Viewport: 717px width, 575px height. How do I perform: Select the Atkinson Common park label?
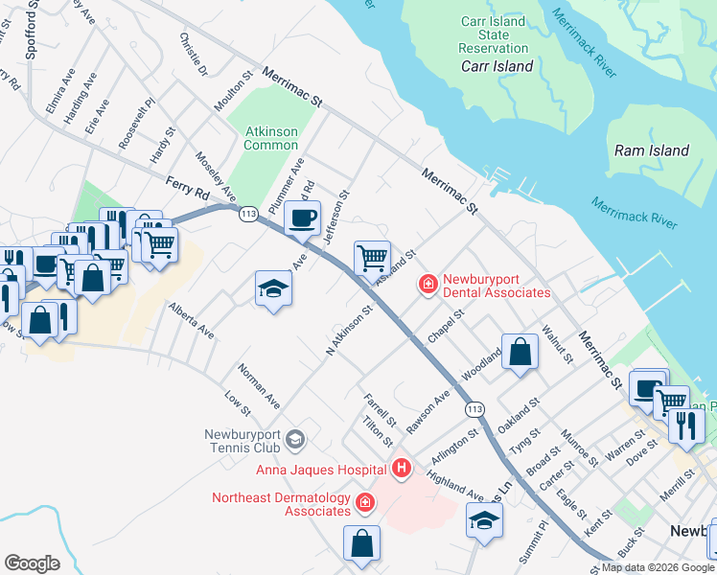(271, 138)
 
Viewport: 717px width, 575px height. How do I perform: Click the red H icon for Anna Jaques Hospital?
(402, 469)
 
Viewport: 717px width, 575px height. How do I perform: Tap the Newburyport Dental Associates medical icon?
(427, 284)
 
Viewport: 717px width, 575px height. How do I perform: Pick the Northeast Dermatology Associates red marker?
(364, 502)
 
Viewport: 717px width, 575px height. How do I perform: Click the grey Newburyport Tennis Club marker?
(295, 439)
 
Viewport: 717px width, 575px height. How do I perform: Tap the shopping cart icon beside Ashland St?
(372, 257)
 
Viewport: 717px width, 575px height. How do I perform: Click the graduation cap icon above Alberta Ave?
(273, 287)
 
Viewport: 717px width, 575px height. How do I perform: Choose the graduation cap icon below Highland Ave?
(484, 520)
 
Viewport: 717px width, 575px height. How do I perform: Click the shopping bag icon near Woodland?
(519, 351)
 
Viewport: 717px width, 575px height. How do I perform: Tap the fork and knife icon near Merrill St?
(685, 425)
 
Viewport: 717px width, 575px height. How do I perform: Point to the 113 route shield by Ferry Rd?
(249, 212)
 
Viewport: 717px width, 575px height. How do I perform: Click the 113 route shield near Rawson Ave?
(474, 409)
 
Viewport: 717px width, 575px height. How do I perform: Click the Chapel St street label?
(446, 326)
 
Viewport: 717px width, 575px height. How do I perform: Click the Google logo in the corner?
(33, 563)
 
